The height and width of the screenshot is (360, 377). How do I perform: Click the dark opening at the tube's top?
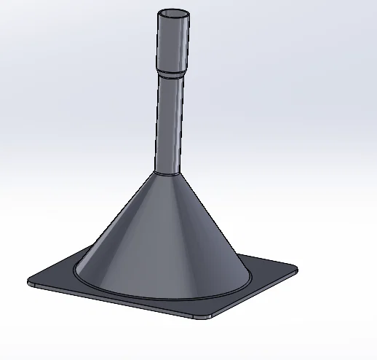click(175, 14)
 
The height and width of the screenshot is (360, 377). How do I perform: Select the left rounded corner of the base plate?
click(31, 281)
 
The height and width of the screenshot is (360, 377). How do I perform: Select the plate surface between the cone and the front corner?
click(197, 308)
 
